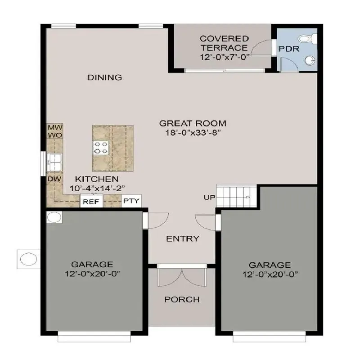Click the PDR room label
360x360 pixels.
[x=288, y=49]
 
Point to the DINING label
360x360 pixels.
[x=104, y=77]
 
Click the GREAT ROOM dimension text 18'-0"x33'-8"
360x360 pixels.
[x=193, y=133]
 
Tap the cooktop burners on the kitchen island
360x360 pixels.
[x=100, y=147]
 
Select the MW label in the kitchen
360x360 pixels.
[x=55, y=127]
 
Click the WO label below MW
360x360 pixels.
[x=55, y=135]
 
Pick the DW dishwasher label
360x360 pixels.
[x=54, y=179]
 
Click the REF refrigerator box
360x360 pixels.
[x=91, y=202]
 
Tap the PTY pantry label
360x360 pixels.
[x=131, y=201]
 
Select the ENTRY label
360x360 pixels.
[x=183, y=239]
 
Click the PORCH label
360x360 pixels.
[x=182, y=300]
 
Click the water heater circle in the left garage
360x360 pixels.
[x=54, y=218]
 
